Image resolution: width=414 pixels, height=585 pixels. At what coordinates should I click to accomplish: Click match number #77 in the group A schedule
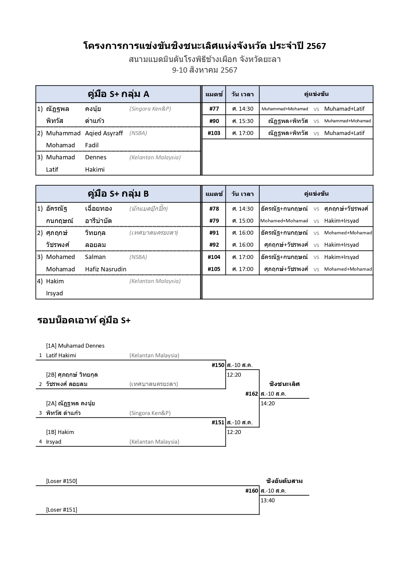point(214,109)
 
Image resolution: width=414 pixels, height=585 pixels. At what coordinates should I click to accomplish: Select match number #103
point(214,133)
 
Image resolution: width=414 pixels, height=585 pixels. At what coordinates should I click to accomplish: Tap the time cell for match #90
point(243,121)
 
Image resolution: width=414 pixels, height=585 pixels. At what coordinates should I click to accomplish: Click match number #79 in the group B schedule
point(214,221)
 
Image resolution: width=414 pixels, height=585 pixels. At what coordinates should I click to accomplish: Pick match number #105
point(214,269)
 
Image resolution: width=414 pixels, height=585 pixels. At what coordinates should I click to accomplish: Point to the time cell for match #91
point(243,233)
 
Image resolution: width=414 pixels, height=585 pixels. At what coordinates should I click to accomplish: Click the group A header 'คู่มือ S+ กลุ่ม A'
point(118,94)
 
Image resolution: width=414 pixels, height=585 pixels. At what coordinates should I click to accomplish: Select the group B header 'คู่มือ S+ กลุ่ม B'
point(118,194)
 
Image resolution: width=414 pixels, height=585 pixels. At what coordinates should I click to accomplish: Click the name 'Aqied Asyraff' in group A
point(104,133)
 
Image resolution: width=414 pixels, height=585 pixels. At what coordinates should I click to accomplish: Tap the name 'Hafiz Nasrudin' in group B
point(105,269)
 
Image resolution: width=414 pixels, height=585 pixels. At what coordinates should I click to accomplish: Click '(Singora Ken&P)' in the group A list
point(150,109)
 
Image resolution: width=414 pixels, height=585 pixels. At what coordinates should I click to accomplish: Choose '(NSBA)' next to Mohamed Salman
point(138,257)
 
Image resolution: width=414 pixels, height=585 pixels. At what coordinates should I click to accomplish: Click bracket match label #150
point(218,365)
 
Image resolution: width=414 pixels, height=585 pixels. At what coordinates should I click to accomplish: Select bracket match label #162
point(252,394)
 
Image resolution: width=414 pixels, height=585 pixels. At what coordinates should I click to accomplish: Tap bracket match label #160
point(252,491)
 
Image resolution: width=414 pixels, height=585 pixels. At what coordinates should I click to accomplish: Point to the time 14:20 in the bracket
point(268,403)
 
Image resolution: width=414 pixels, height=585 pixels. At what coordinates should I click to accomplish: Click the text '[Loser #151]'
point(61,510)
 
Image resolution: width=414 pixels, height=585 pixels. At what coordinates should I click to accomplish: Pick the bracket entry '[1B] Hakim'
point(60,432)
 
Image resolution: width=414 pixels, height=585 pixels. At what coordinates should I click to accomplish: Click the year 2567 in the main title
point(316,46)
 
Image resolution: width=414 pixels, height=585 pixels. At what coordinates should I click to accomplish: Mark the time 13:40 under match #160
point(268,500)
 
